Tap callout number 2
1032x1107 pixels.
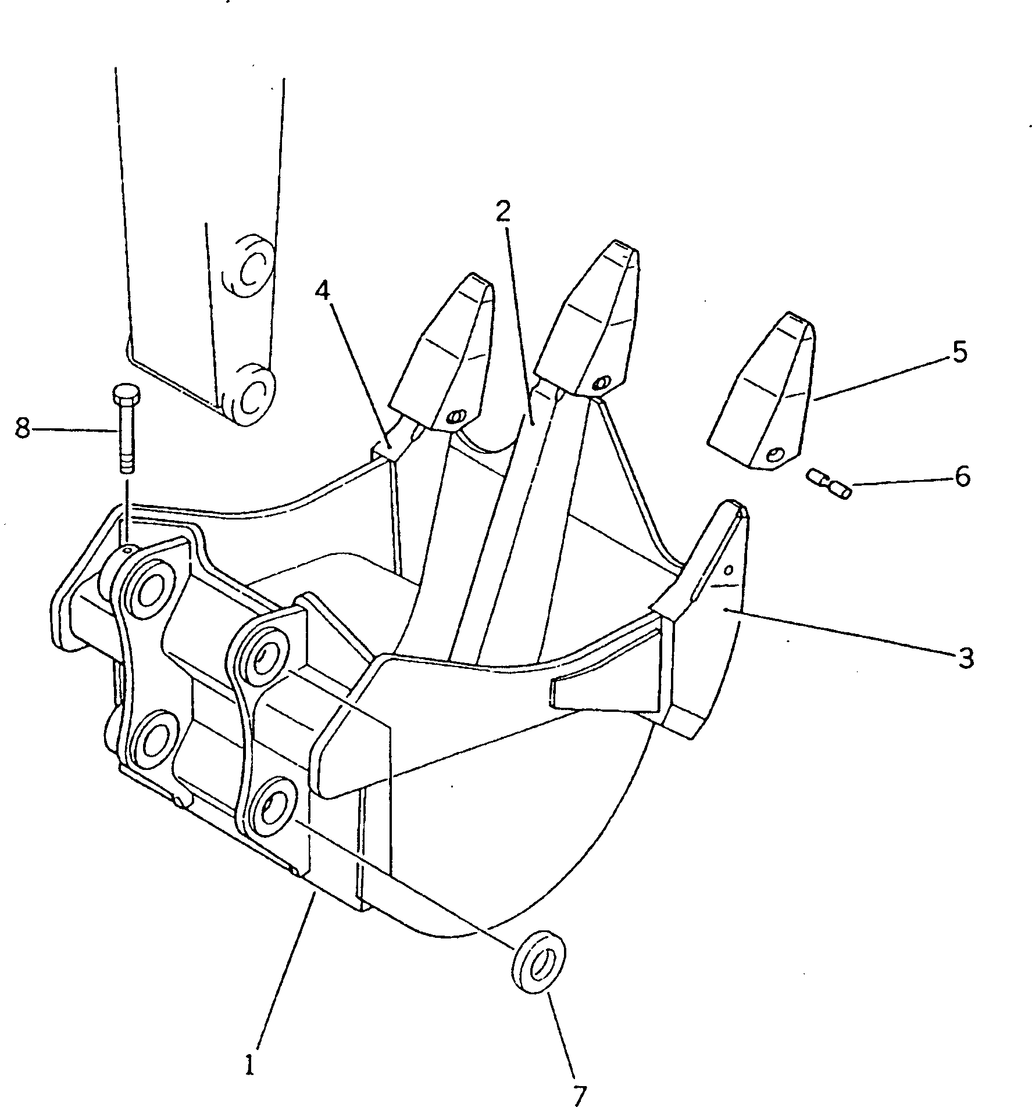(503, 213)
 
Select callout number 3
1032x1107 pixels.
(966, 659)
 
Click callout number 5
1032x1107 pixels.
(960, 352)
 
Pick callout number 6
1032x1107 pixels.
(962, 477)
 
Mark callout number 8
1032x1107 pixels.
(22, 429)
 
